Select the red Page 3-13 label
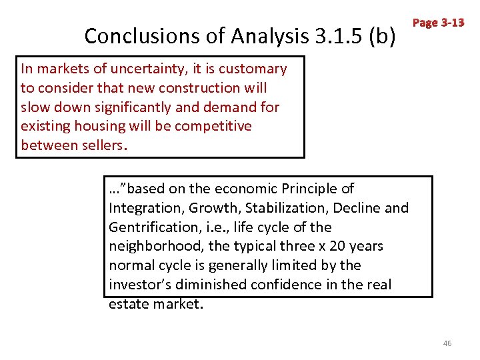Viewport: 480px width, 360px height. coord(438,23)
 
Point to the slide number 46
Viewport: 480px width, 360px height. coord(447,343)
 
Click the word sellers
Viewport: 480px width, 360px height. coord(99,145)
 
